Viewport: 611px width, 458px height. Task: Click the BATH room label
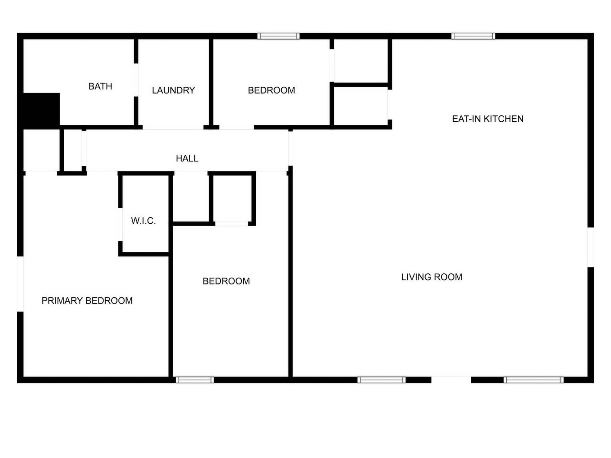(100, 86)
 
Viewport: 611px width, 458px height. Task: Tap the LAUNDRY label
(173, 90)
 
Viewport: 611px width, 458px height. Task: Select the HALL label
(187, 158)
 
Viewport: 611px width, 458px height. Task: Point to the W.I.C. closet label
(143, 221)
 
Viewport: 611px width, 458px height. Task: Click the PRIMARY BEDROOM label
(87, 301)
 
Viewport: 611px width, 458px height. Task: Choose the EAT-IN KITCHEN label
(488, 119)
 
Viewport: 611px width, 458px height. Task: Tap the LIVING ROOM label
(432, 277)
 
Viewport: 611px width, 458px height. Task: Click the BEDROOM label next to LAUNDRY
(271, 90)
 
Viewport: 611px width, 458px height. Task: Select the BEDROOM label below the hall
(226, 281)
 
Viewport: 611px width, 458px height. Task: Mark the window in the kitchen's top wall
(473, 36)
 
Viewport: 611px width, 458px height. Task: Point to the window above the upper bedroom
(279, 36)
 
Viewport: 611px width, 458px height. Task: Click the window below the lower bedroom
(195, 380)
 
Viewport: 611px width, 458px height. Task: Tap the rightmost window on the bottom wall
(534, 380)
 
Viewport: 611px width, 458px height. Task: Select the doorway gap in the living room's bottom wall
(451, 380)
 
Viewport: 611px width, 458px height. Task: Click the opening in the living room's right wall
(591, 247)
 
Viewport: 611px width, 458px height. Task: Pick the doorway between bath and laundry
(136, 80)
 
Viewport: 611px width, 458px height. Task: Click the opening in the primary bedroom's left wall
(20, 284)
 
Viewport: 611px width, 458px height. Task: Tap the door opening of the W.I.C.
(120, 224)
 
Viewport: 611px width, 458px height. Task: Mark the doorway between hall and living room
(290, 148)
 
